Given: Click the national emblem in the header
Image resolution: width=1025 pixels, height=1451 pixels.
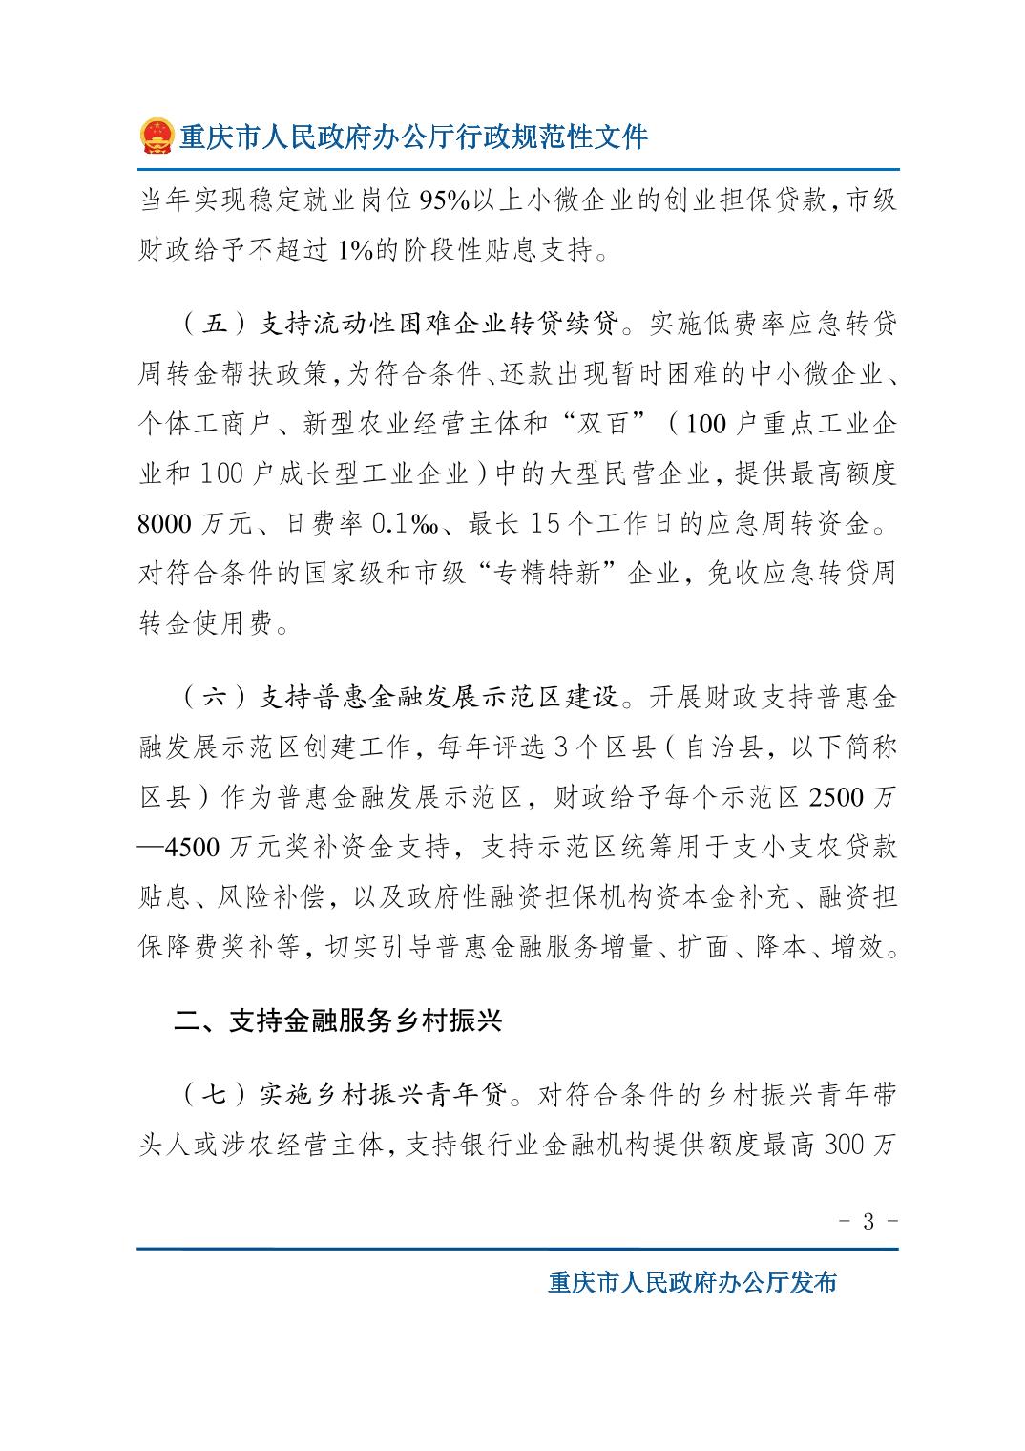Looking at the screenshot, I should click(155, 136).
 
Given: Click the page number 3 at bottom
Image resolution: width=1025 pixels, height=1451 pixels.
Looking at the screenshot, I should click(868, 1221).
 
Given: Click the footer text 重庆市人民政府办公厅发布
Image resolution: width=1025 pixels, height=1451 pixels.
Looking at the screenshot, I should click(692, 1283).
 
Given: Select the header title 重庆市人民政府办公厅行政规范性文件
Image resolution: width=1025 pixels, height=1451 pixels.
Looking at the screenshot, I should click(414, 137).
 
